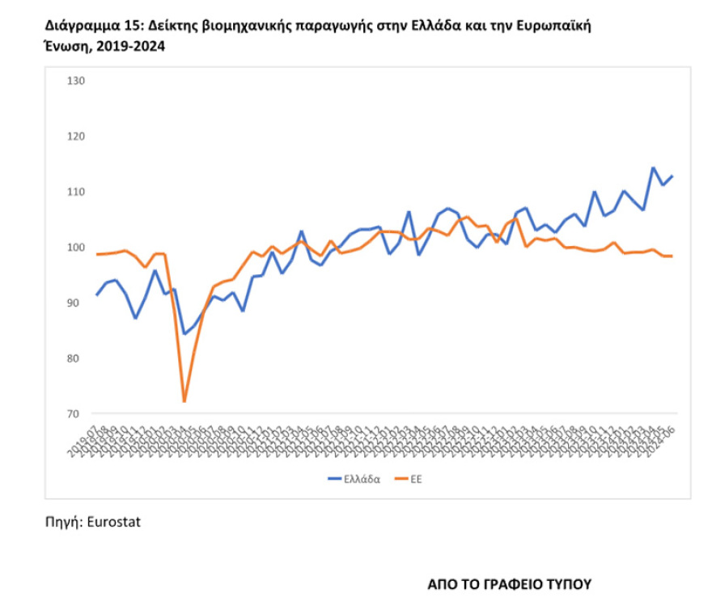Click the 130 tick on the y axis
coord(77,81)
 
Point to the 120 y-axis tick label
coord(77,137)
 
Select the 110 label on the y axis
coord(77,192)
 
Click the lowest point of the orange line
coord(184,401)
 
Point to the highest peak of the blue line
coord(653,167)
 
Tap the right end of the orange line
coord(672,256)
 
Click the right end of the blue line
coord(672,176)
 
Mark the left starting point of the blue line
coord(97,295)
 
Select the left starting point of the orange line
coord(97,254)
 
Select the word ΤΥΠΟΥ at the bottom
coord(564,583)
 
